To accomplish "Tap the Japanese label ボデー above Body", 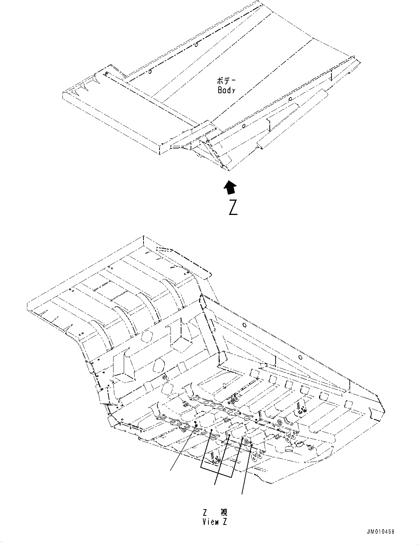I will pos(226,81).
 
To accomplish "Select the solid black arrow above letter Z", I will pos(230,187).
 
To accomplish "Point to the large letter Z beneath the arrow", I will pos(233,207).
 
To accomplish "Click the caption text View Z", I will pos(215,522).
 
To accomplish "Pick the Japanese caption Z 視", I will pos(215,512).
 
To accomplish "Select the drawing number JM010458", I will pos(380,532).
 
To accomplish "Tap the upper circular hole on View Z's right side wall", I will pos(244,325).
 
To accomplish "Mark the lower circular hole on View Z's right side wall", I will pos(299,357).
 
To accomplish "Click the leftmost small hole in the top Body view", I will pos(106,74).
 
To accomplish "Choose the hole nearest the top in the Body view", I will pos(196,45).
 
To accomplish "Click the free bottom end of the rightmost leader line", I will pos(242,495).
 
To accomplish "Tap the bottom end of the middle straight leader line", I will pos(215,485).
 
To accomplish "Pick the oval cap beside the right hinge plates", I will pos(299,444).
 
